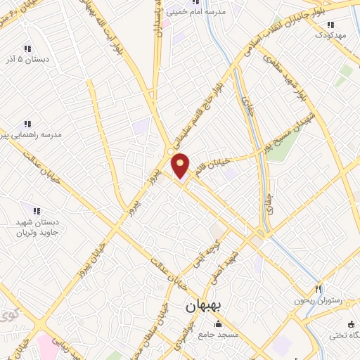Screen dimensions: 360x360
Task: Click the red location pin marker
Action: point(181,166)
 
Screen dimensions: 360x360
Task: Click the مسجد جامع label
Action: point(218,335)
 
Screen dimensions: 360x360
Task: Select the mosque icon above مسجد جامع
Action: point(218,324)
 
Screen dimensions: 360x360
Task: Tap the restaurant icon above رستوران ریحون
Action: point(319,289)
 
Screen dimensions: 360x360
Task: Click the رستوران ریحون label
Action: point(319,300)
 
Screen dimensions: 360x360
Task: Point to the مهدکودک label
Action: point(330,34)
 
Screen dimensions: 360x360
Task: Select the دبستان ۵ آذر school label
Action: point(28,60)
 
